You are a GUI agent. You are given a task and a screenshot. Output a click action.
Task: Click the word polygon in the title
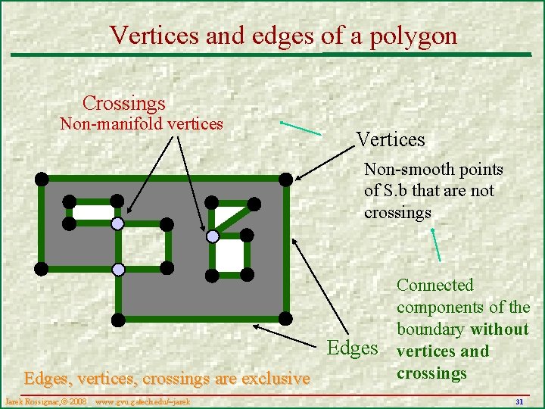pyautogui.click(x=414, y=36)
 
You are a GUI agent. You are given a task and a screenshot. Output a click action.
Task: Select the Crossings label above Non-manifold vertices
pyautogui.click(x=123, y=102)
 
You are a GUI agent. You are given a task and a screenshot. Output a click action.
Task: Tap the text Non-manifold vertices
pyautogui.click(x=142, y=123)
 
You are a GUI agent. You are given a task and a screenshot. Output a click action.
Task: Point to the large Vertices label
pyautogui.click(x=391, y=139)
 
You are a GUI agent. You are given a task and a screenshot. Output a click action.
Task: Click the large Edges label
pyautogui.click(x=352, y=348)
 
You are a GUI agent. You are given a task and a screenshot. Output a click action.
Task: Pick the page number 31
pyautogui.click(x=519, y=401)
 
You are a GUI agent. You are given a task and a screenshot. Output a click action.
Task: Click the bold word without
pyautogui.click(x=500, y=329)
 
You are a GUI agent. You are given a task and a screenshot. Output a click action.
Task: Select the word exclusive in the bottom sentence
pyautogui.click(x=269, y=378)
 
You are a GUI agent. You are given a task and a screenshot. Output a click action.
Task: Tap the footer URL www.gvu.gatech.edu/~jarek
pyautogui.click(x=142, y=400)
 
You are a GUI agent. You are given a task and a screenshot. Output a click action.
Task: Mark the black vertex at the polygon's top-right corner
pyautogui.click(x=285, y=179)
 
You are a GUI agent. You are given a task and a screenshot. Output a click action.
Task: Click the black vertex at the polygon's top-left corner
pyautogui.click(x=42, y=179)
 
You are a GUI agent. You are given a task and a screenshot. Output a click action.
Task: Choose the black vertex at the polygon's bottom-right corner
pyautogui.click(x=285, y=317)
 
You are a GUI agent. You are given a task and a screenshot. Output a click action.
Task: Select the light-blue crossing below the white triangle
pyautogui.click(x=213, y=236)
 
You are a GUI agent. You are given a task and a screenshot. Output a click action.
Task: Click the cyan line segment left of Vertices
pyautogui.click(x=301, y=128)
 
